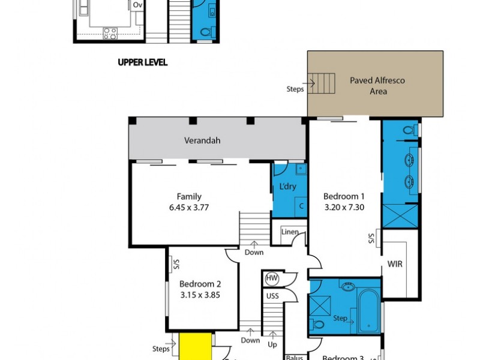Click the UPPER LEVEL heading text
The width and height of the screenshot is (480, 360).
[143, 62]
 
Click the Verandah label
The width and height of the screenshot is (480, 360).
[202, 141]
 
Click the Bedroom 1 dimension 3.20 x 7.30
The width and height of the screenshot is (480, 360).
[344, 207]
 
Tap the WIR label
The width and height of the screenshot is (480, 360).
[395, 263]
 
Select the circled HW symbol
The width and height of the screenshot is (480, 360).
[271, 278]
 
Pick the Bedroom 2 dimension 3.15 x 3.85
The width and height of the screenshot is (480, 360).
[200, 295]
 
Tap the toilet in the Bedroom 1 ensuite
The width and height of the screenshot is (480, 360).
[410, 128]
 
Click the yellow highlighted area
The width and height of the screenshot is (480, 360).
[194, 347]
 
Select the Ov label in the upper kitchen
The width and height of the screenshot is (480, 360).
[137, 4]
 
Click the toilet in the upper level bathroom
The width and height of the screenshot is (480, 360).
[205, 32]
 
